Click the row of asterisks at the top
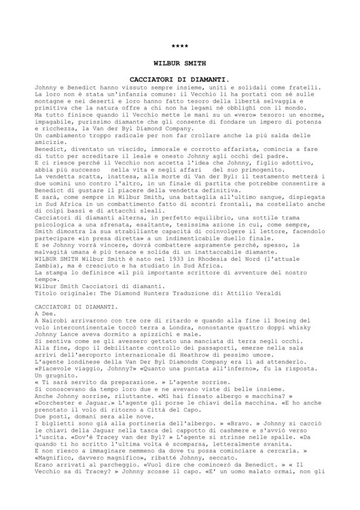[179, 46]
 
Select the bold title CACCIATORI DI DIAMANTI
[179, 98]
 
